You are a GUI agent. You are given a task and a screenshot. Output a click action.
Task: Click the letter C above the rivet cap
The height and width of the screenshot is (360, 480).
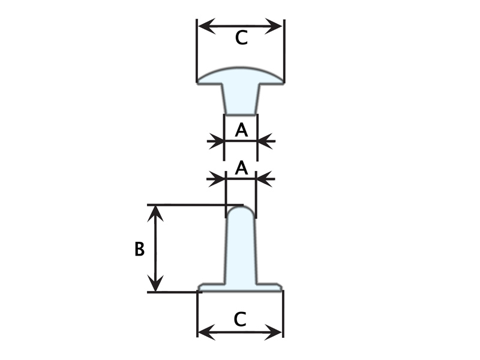(x=241, y=38)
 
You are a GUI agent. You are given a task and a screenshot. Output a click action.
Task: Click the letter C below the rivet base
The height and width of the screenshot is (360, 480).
(x=239, y=319)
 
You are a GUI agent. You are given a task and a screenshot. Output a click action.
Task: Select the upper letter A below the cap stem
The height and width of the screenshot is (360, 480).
(x=241, y=130)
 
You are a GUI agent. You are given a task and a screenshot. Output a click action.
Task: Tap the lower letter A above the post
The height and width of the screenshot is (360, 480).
(x=241, y=168)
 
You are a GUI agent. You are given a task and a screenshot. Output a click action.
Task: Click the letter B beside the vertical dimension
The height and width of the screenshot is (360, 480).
(x=139, y=249)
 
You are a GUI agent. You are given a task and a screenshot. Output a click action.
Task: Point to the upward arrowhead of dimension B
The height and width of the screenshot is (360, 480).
(x=156, y=213)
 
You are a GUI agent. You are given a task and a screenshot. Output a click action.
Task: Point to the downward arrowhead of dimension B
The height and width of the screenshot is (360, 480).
(x=156, y=283)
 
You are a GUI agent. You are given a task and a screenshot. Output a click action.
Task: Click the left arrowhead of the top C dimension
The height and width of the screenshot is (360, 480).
(x=206, y=26)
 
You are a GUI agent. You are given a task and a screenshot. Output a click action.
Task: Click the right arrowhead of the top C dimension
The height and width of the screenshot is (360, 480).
(x=274, y=26)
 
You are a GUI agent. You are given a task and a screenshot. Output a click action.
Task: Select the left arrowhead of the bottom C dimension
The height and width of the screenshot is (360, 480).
(x=206, y=332)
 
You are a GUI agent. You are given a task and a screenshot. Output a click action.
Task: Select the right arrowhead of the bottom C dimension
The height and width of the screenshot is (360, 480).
(x=273, y=332)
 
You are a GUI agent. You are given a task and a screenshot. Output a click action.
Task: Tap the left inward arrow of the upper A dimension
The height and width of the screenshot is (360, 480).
(x=216, y=141)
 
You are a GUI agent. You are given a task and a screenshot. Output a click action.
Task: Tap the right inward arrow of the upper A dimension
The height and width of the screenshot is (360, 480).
(x=266, y=141)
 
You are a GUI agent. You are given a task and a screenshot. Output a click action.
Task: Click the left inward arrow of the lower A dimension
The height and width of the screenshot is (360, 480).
(x=216, y=179)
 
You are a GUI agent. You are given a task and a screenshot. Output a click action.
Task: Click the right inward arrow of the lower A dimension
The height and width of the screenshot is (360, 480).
(x=265, y=179)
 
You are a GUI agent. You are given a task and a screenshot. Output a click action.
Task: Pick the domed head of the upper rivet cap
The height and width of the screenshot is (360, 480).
(x=241, y=76)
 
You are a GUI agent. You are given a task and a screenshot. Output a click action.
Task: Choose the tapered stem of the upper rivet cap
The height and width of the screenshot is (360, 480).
(x=241, y=99)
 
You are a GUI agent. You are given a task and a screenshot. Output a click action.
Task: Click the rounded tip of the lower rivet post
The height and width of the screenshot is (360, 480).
(x=241, y=211)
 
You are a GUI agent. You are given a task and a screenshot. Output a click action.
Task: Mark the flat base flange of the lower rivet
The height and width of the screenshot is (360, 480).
(x=241, y=287)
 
